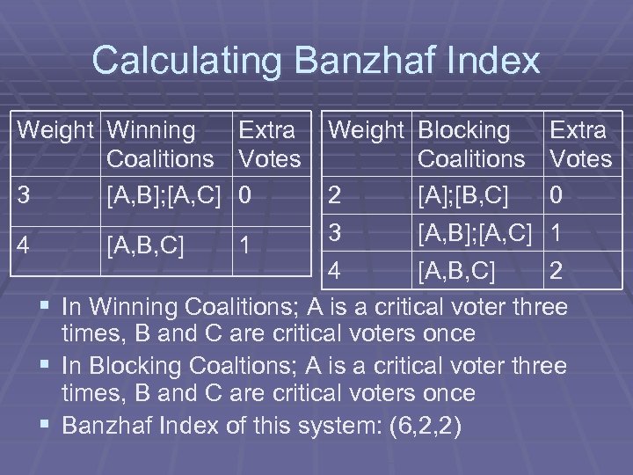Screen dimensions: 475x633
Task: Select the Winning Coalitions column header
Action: pyautogui.click(x=160, y=145)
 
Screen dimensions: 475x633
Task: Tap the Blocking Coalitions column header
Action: pyautogui.click(x=471, y=145)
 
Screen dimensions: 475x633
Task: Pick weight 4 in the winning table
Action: pyautogui.click(x=27, y=243)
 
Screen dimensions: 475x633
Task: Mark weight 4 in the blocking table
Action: pyautogui.click(x=335, y=272)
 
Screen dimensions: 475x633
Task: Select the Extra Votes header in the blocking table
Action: pyautogui.click(x=578, y=145)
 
